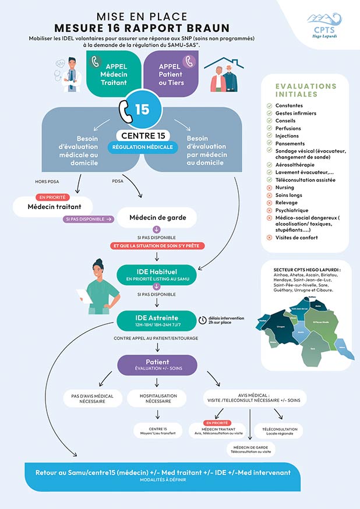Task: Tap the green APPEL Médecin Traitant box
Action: click(114, 73)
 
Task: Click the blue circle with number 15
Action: click(142, 109)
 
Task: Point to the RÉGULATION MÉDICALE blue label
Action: click(143, 147)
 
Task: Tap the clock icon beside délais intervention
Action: click(202, 319)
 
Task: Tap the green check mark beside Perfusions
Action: click(269, 128)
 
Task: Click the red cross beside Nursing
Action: click(269, 188)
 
